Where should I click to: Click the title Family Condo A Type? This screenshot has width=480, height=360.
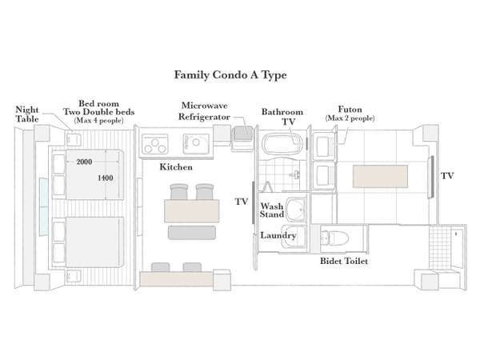[230, 75]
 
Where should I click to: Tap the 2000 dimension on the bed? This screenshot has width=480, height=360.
[84, 162]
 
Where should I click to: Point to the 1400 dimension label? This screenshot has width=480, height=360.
[105, 178]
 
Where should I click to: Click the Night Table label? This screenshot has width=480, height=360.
[27, 114]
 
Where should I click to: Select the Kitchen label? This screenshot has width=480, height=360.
[176, 167]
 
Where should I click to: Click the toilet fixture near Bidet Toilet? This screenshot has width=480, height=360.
[334, 238]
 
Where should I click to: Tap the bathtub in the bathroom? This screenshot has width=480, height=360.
[282, 144]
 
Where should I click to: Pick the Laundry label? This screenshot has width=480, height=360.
[278, 235]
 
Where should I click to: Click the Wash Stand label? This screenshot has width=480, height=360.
[272, 210]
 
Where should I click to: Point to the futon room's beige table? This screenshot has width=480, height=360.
[380, 176]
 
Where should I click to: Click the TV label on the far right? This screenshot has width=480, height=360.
[447, 176]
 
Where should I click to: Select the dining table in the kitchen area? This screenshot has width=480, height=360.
[192, 211]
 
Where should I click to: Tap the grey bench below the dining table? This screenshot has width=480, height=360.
[192, 232]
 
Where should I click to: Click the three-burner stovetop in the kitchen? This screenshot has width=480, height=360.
[155, 144]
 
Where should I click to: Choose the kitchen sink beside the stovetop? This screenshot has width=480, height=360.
[196, 143]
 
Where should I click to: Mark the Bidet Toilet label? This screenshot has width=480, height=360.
[344, 261]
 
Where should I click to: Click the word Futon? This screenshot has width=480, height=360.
[350, 110]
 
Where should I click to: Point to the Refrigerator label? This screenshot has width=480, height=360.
[204, 117]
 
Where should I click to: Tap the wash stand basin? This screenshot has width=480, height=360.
[296, 210]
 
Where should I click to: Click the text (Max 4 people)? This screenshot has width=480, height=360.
[98, 120]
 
